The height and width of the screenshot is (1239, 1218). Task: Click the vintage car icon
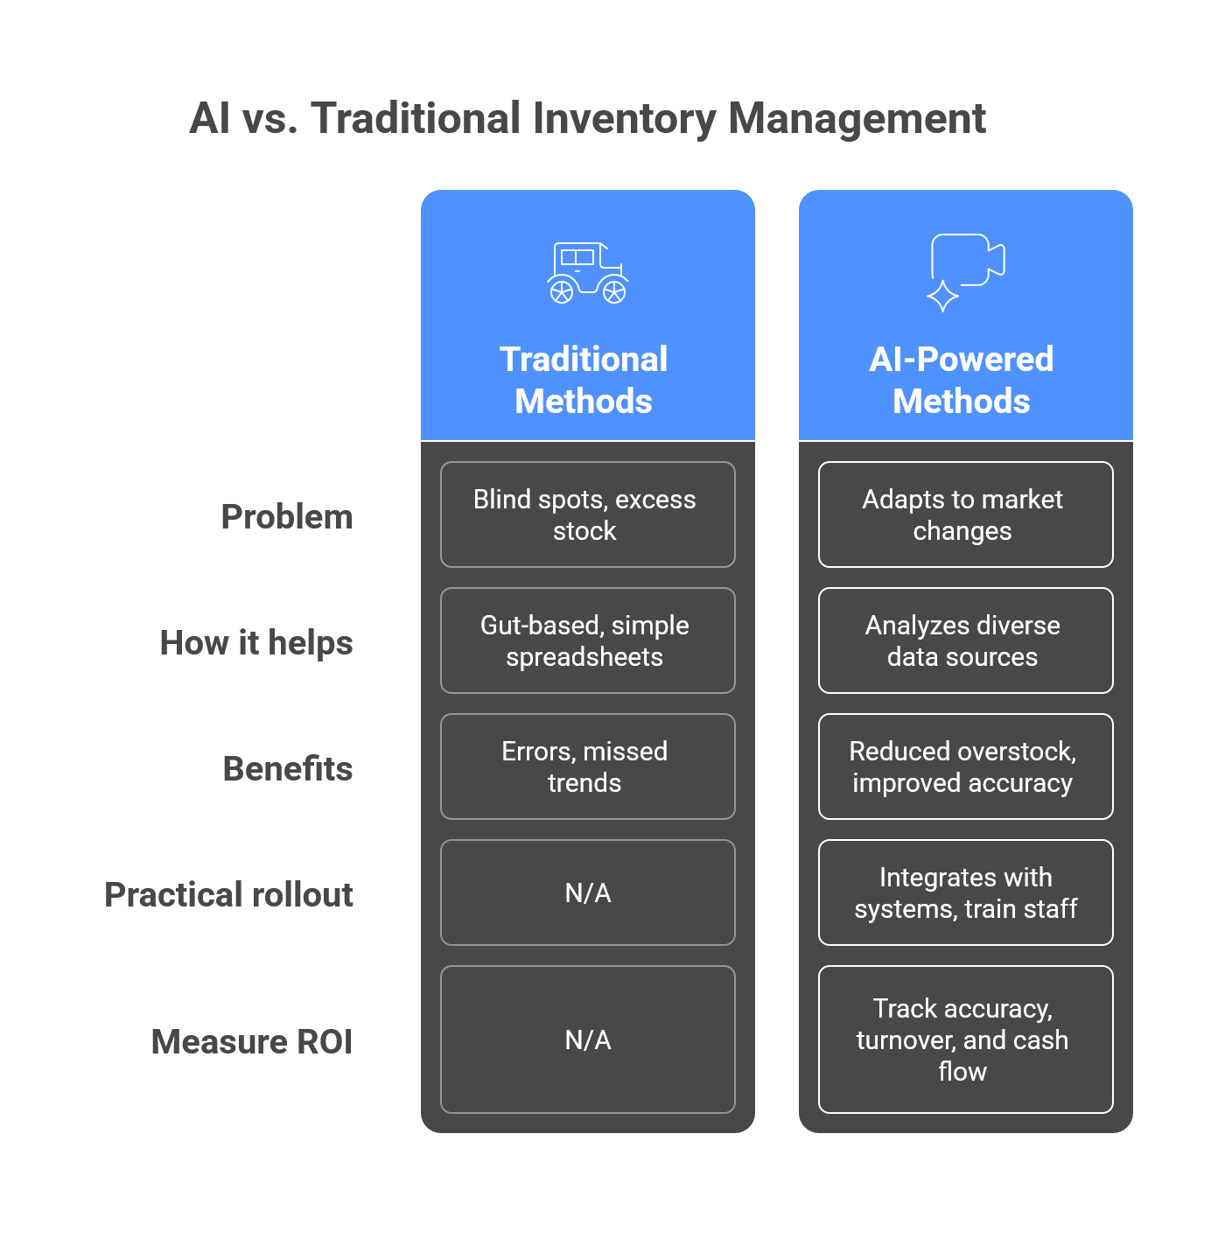pos(587,273)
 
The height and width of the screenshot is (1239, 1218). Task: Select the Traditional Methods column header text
pos(584,380)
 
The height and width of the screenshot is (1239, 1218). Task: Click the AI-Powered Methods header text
pos(962,380)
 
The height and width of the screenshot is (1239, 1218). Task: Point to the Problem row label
pos(287,517)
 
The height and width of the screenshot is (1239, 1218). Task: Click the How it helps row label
pos(256,643)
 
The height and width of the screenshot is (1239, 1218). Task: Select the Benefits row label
pos(288,769)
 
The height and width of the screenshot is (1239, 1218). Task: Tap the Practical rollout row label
pos(229,895)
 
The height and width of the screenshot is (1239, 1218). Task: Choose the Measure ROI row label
pos(252,1042)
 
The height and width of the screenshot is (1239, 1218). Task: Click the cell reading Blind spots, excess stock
pos(587,514)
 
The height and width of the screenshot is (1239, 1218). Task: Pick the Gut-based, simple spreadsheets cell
pos(587,640)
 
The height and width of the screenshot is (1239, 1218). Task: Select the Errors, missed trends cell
pos(587,766)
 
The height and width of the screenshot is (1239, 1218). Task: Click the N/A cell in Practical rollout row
pos(587,892)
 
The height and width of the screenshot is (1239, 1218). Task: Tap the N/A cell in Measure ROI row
pos(587,1039)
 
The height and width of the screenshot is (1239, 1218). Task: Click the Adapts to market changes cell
pos(965,514)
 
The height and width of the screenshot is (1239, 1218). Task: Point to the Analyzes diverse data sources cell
pos(965,640)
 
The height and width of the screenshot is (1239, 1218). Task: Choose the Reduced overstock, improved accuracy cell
pos(965,766)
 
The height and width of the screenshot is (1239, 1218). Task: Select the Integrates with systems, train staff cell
pos(965,892)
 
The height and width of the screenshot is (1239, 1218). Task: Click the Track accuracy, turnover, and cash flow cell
pos(965,1039)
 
